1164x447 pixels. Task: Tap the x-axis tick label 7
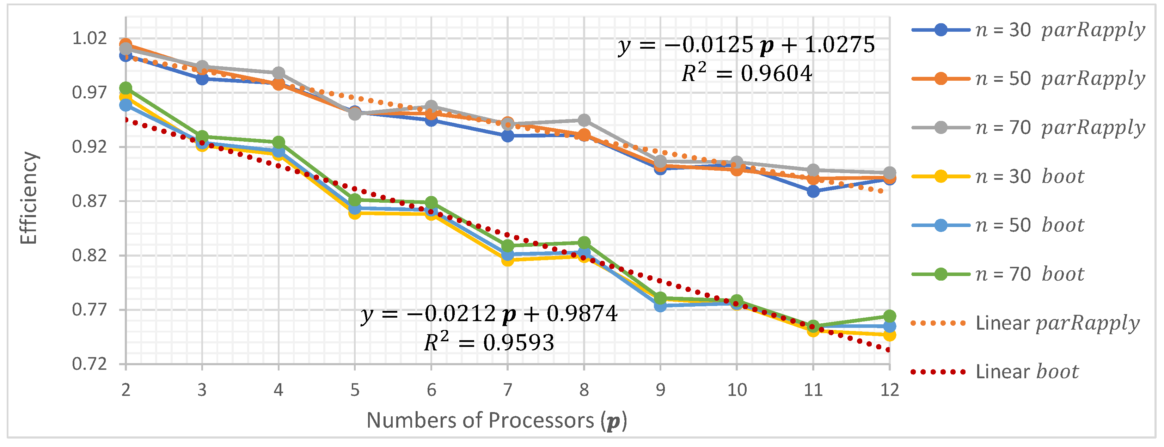(507, 390)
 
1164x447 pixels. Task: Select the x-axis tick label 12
(889, 390)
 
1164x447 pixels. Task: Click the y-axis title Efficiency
(29, 198)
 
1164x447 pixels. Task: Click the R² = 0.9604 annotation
(747, 73)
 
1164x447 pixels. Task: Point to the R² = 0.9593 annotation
(489, 342)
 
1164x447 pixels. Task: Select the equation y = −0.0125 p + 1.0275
(747, 45)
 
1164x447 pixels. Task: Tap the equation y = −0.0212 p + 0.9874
(489, 314)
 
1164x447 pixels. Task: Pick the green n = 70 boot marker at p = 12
(889, 316)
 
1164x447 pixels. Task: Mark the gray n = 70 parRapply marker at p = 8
(584, 120)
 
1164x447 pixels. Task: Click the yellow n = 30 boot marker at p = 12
(889, 335)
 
